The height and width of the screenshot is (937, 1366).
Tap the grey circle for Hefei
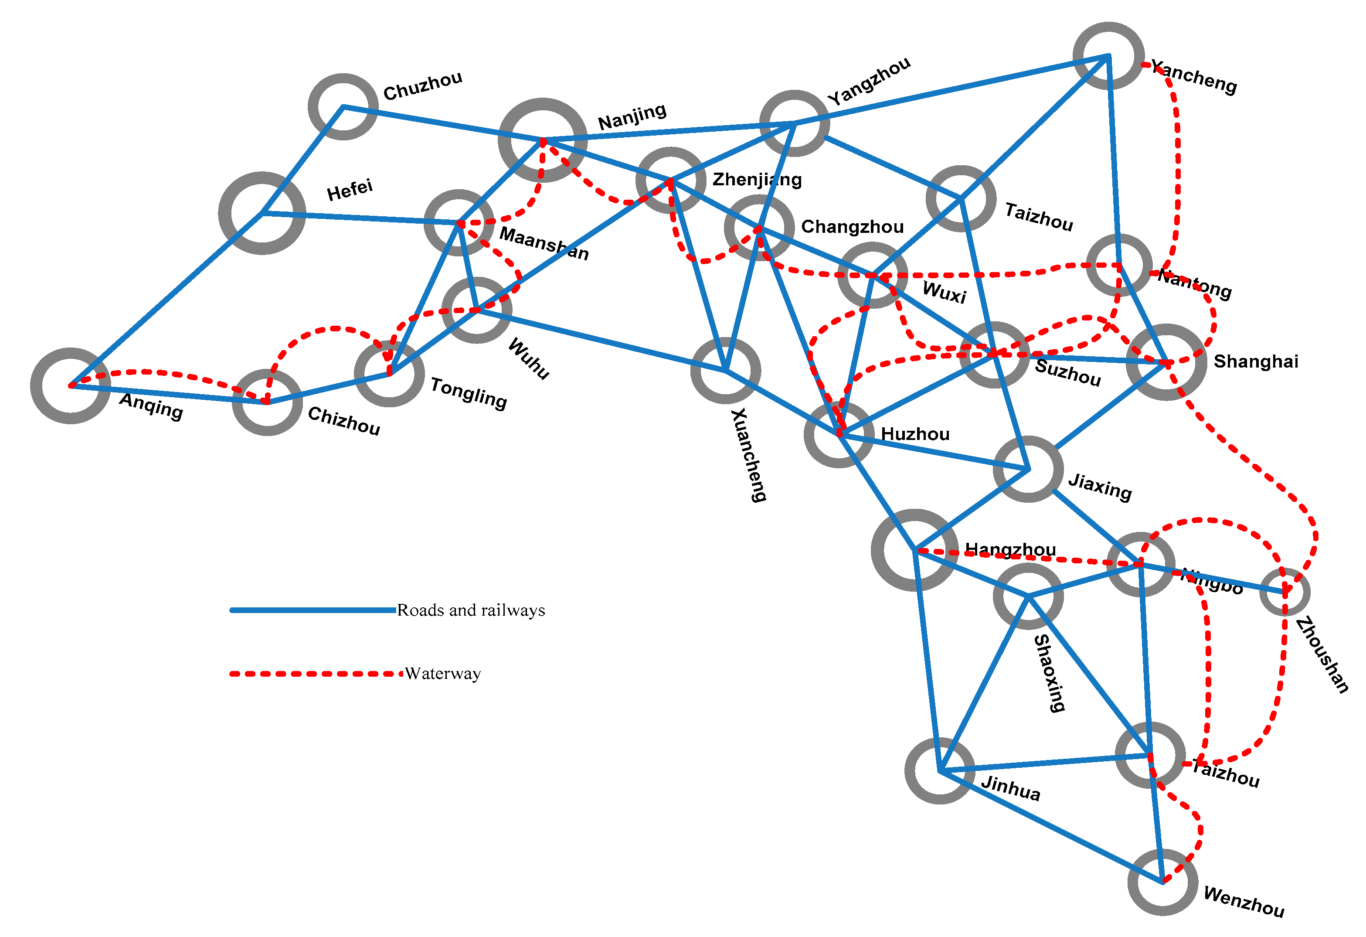[262, 213]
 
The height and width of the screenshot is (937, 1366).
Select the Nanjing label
[632, 116]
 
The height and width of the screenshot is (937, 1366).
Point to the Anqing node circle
[71, 385]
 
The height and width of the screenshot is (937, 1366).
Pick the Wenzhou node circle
[1162, 882]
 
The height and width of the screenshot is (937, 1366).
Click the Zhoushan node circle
[1284, 591]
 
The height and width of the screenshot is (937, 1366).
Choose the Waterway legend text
[442, 674]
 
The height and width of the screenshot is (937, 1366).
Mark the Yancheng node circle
[1108, 56]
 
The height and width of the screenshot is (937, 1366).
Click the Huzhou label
[915, 434]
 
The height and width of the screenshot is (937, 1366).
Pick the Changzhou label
[852, 226]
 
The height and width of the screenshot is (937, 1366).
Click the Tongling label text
[469, 393]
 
